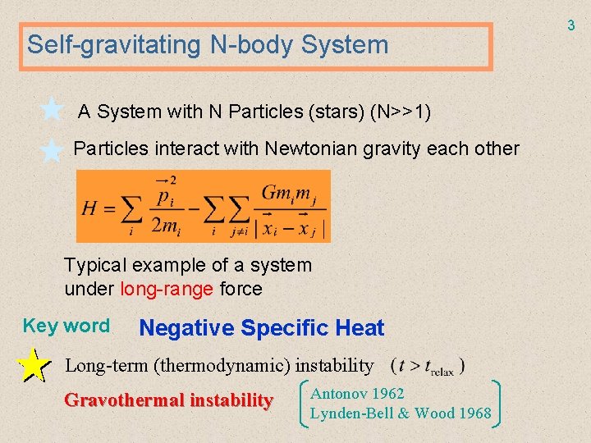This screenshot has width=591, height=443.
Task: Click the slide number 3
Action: tap(571, 26)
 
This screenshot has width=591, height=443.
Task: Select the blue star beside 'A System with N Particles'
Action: tap(52, 108)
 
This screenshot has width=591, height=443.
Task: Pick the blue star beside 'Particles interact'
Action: tap(52, 150)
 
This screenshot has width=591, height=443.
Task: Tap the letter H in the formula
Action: tap(90, 208)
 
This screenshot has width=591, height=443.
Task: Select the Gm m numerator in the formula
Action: tap(288, 193)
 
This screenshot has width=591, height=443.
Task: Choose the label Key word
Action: tap(66, 326)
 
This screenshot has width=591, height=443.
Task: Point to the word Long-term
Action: tap(106, 364)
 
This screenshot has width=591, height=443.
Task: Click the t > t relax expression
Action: tap(428, 365)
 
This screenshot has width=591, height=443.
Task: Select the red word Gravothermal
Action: tap(124, 400)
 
